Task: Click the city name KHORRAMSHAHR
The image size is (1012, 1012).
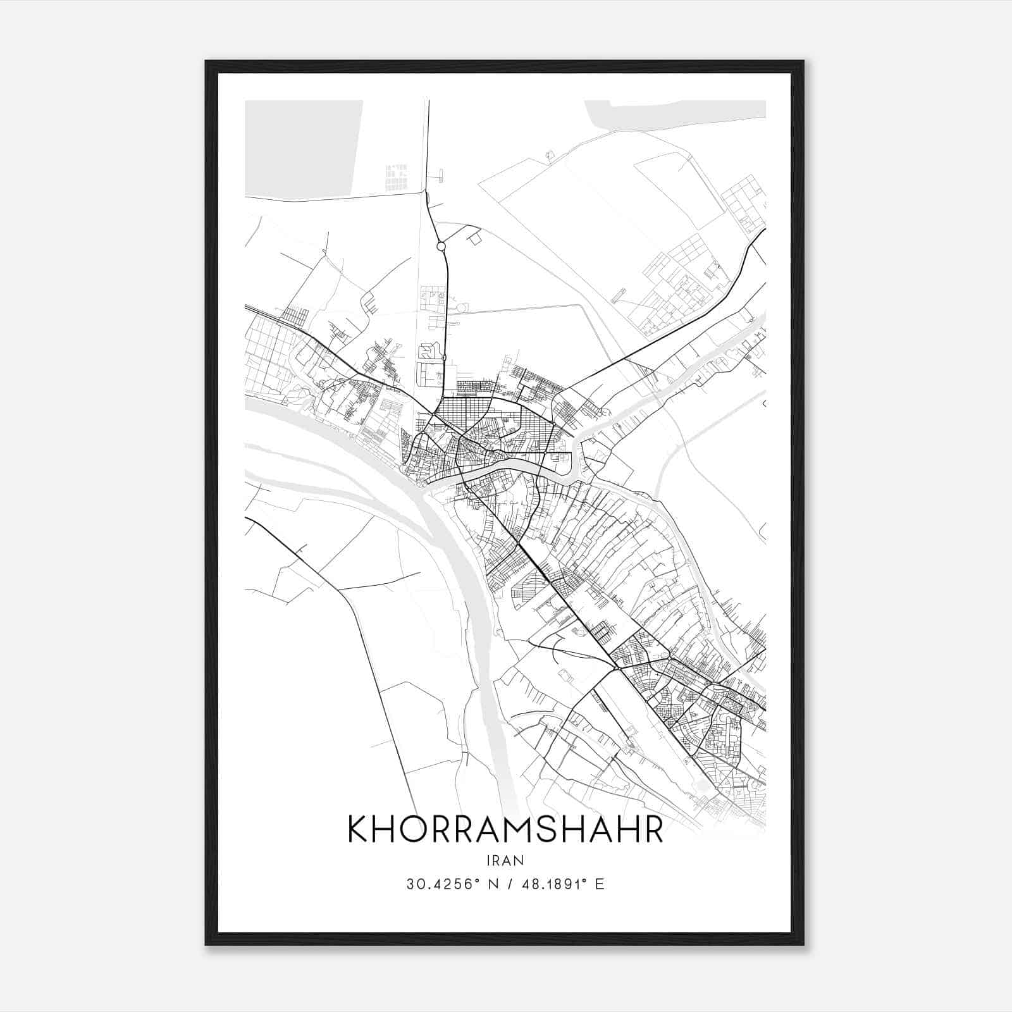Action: tap(505, 829)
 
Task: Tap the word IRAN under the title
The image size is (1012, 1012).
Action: tap(505, 860)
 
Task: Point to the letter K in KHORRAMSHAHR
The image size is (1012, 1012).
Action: tap(359, 829)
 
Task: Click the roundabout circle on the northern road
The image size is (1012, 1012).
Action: tap(441, 246)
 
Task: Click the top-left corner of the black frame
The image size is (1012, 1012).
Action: tap(207, 62)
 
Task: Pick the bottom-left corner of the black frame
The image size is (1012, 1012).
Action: tap(207, 945)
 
